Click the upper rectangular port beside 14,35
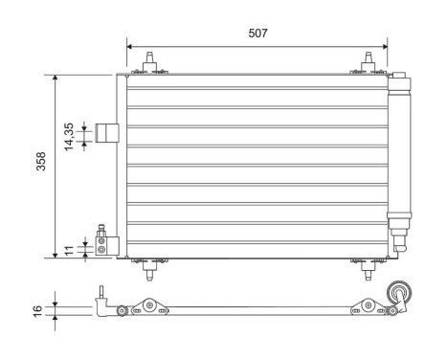click(x=108, y=134)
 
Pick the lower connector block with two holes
click(x=103, y=246)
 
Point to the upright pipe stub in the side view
click(x=101, y=292)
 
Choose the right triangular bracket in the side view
click(x=365, y=306)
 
